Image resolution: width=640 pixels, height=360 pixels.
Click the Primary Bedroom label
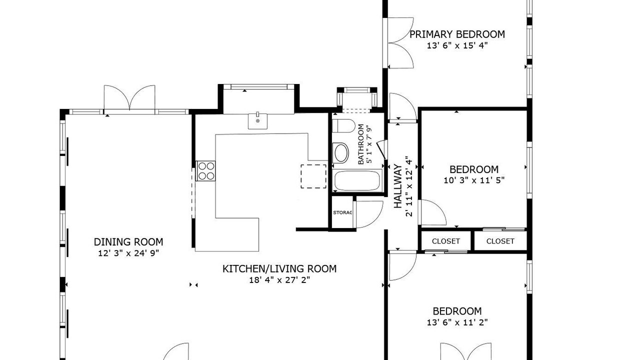[457, 34]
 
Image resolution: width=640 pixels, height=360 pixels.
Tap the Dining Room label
[128, 242]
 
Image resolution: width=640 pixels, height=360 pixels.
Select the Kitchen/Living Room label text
[279, 269]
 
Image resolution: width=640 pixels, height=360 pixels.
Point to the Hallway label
[397, 186]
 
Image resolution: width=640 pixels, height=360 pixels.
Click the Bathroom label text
[361, 144]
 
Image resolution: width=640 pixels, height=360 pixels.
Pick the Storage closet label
[342, 212]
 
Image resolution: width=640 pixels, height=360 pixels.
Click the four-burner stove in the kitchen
[205, 171]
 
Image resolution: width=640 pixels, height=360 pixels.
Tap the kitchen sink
[257, 121]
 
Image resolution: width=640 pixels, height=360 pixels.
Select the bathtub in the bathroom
[357, 180]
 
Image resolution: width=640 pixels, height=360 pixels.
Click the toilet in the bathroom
[343, 125]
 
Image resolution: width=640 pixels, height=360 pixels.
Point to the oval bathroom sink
[341, 153]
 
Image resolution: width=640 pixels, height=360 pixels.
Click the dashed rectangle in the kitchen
[313, 176]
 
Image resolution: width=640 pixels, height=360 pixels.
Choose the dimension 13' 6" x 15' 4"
[457, 45]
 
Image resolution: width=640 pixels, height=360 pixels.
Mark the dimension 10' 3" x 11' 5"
[474, 180]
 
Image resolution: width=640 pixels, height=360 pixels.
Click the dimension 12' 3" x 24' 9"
[128, 253]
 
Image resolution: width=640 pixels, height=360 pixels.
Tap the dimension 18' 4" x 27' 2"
[279, 280]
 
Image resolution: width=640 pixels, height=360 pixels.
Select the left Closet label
[446, 241]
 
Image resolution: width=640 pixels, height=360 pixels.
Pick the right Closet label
[500, 241]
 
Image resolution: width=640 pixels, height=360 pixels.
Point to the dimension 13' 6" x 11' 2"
[457, 322]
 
